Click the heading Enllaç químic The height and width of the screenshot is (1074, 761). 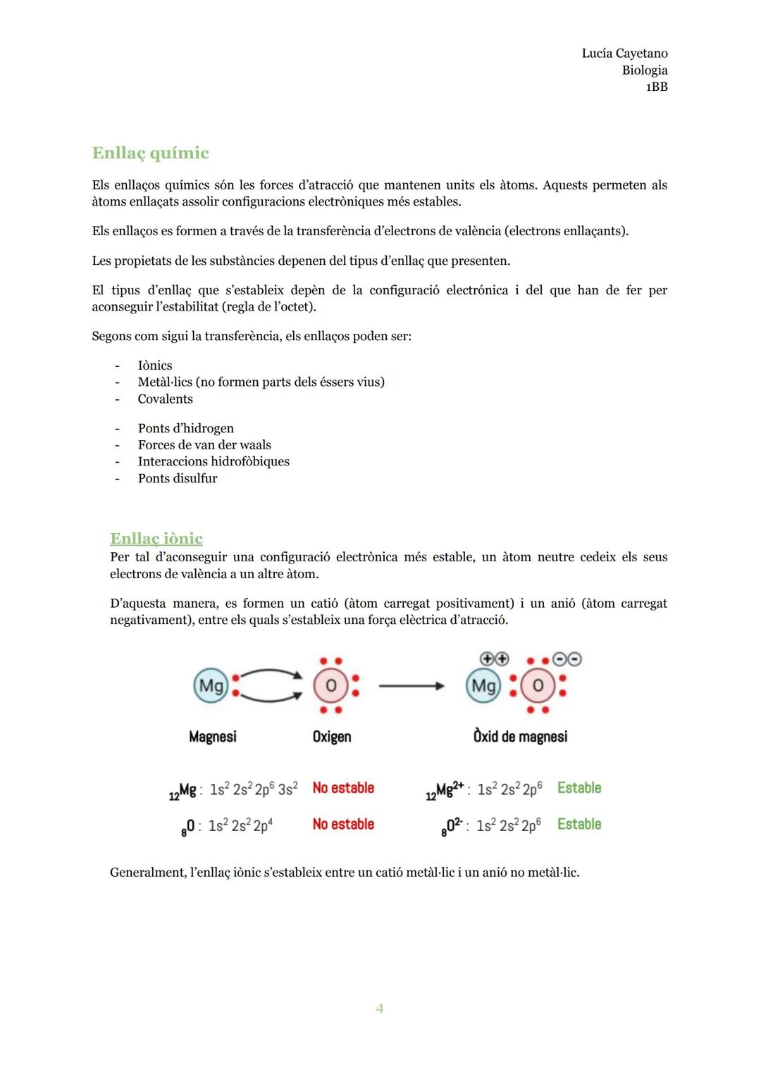pos(150,153)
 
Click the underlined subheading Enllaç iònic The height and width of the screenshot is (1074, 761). pos(156,539)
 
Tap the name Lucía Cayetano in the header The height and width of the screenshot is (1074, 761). pos(624,54)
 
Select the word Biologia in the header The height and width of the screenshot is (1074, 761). pos(645,70)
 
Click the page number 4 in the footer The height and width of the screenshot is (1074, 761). pos(380,1009)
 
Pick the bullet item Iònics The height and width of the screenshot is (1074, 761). pos(155,366)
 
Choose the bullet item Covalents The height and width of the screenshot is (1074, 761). pos(165,399)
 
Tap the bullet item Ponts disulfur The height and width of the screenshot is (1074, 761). pos(178,479)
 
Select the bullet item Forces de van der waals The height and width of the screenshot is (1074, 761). pos(204,445)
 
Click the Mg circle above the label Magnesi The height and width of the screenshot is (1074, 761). pos(211,685)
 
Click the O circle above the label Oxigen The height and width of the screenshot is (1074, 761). pos(330,685)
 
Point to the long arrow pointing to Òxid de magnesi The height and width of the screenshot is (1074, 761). pos(412,685)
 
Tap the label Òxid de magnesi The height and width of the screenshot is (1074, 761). pos(520,737)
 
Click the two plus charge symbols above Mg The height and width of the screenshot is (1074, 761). pos(494,659)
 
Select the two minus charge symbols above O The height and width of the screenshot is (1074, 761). pos(567,659)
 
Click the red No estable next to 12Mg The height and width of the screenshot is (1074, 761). pos(343,788)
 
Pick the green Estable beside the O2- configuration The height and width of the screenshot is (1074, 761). pos(579,824)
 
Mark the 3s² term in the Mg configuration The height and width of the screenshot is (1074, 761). pos(287,789)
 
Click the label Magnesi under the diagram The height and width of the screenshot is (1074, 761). pos(213,737)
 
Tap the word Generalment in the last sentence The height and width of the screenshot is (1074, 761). pos(147,873)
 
